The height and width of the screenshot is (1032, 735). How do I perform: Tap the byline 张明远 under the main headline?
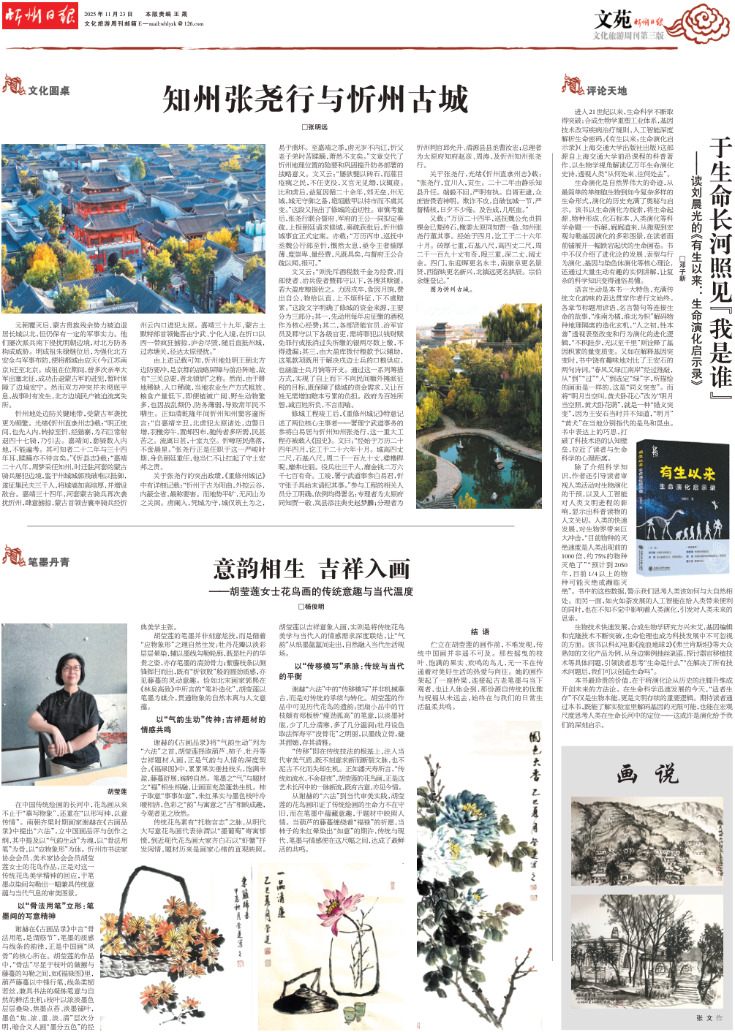[x=315, y=127]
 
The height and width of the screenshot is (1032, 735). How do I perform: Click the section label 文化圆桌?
[x=48, y=91]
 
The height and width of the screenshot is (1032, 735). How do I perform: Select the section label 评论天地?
[x=606, y=91]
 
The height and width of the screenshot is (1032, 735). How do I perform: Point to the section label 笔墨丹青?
[x=48, y=561]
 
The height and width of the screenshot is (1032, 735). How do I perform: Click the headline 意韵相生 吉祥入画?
[x=312, y=568]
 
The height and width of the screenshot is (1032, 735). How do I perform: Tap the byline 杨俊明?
[x=312, y=607]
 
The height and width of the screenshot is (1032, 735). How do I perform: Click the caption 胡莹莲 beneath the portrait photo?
[x=117, y=792]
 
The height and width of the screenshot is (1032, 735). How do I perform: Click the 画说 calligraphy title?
[x=647, y=774]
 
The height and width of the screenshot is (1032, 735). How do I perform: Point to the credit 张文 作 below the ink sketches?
[x=709, y=1017]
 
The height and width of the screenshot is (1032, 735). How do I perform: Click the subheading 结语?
[x=480, y=631]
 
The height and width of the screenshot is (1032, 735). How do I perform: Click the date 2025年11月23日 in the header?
[x=108, y=14]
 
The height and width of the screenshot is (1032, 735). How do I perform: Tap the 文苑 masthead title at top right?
[x=612, y=18]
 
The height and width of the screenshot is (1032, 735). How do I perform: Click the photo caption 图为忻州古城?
[x=450, y=289]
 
